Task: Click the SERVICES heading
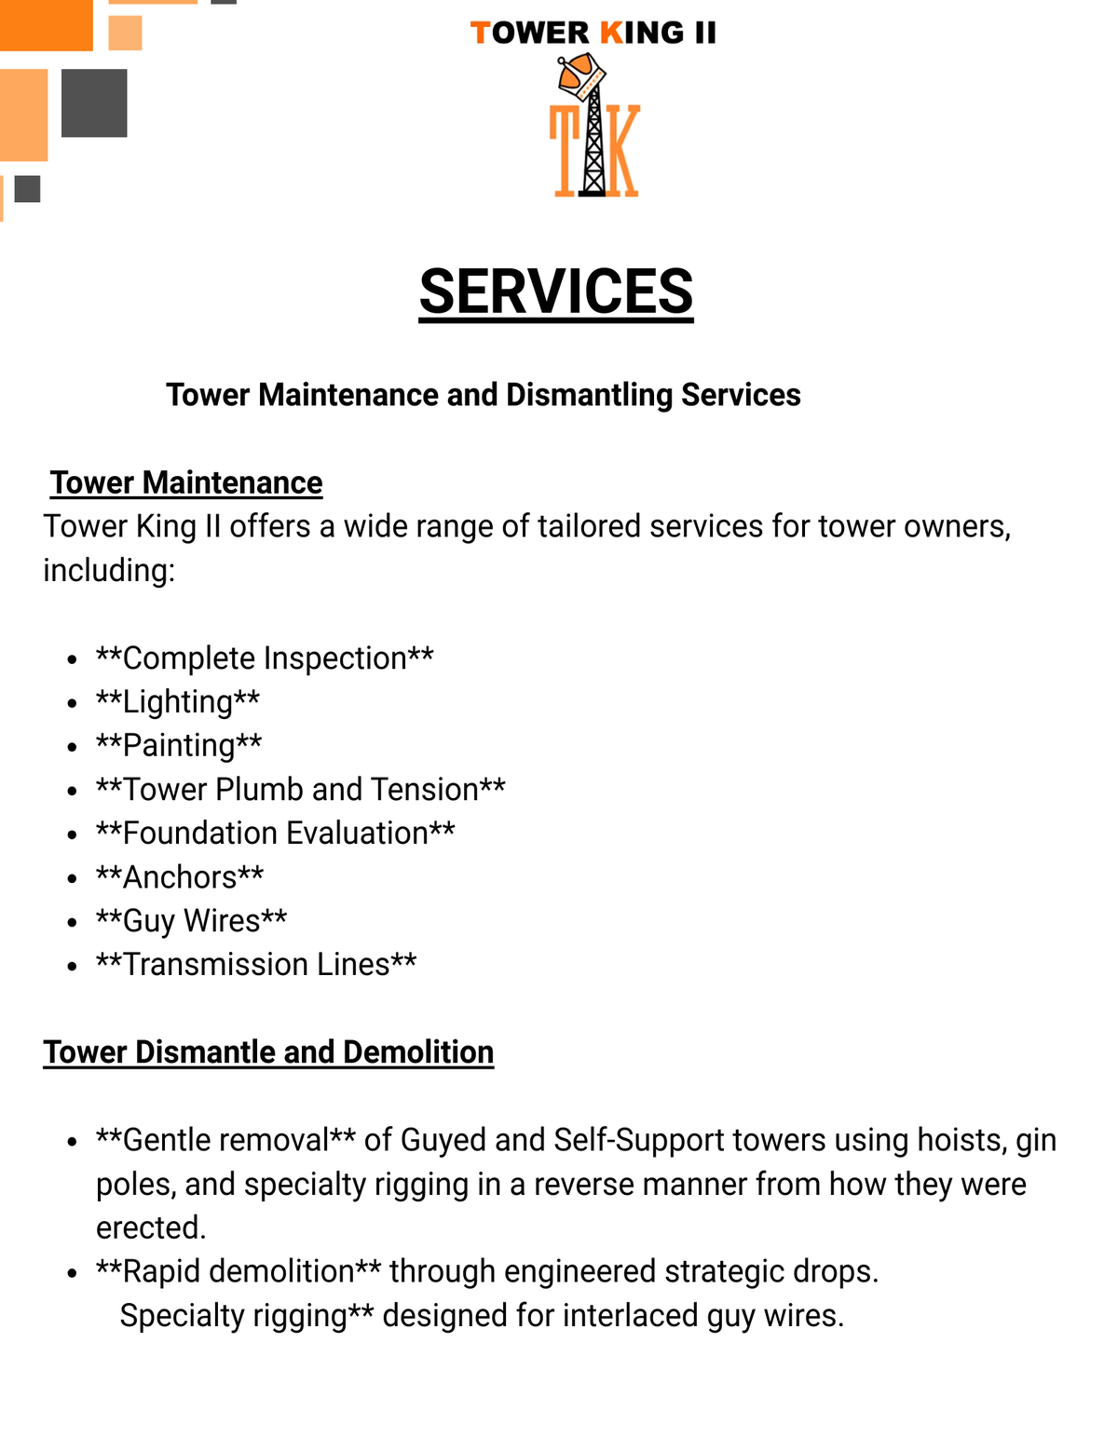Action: (x=556, y=292)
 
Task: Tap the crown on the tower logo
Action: (x=581, y=75)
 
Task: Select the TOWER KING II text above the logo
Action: (x=593, y=34)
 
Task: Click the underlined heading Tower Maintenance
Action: (x=186, y=482)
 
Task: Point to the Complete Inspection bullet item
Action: (x=265, y=658)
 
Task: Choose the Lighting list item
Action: (x=178, y=701)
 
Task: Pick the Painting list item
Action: (x=179, y=745)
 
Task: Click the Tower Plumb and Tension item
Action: (x=301, y=789)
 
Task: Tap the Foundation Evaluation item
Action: (x=276, y=833)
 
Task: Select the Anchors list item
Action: (x=180, y=876)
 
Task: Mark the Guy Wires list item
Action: (x=192, y=920)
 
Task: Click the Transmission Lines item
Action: (x=256, y=964)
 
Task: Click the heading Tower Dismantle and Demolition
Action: (x=268, y=1051)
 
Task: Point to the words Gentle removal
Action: (x=225, y=1140)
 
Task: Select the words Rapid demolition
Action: (x=238, y=1271)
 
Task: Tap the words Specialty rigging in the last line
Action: (x=234, y=1315)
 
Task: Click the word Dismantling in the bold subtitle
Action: (x=589, y=395)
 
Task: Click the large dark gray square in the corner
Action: (x=94, y=102)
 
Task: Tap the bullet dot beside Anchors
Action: (x=72, y=878)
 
